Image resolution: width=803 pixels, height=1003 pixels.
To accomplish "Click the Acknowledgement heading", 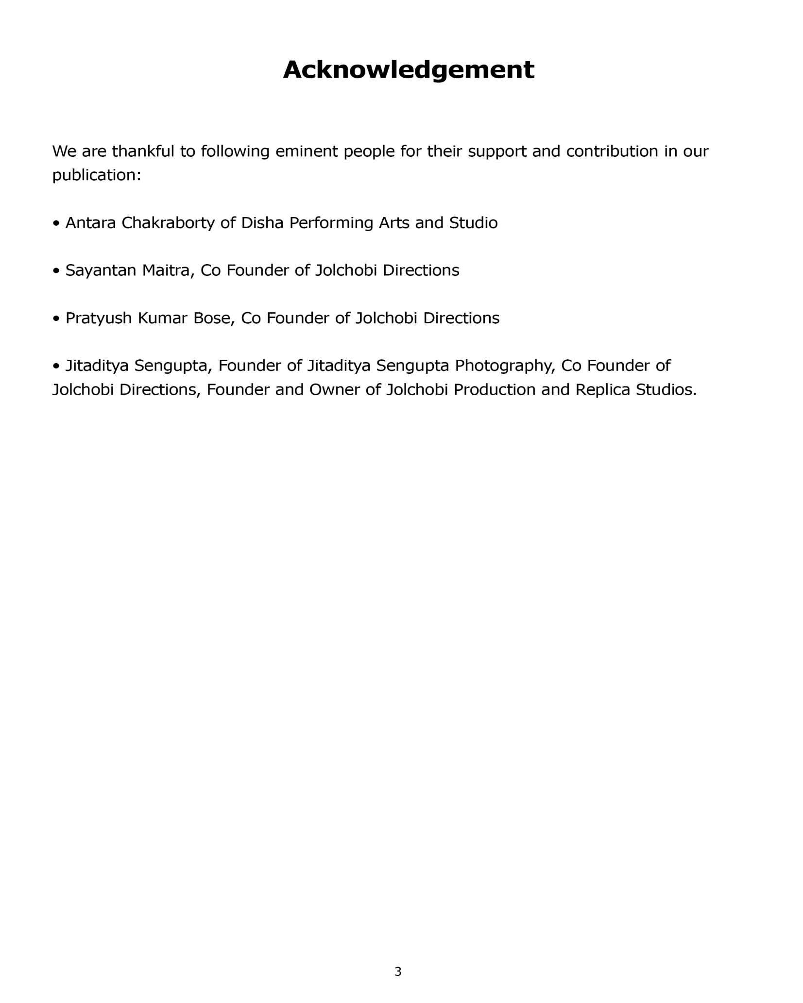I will point(408,70).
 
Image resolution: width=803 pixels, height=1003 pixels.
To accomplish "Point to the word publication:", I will point(97,175).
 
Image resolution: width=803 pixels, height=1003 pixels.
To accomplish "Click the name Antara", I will point(90,223).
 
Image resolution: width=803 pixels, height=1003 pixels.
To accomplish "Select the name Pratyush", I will point(99,318).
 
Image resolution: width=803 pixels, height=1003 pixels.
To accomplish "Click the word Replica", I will point(602,390).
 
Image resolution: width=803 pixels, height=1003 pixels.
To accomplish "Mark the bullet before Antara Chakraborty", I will point(56,224).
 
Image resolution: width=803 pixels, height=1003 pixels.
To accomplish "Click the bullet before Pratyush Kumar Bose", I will point(56,319).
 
